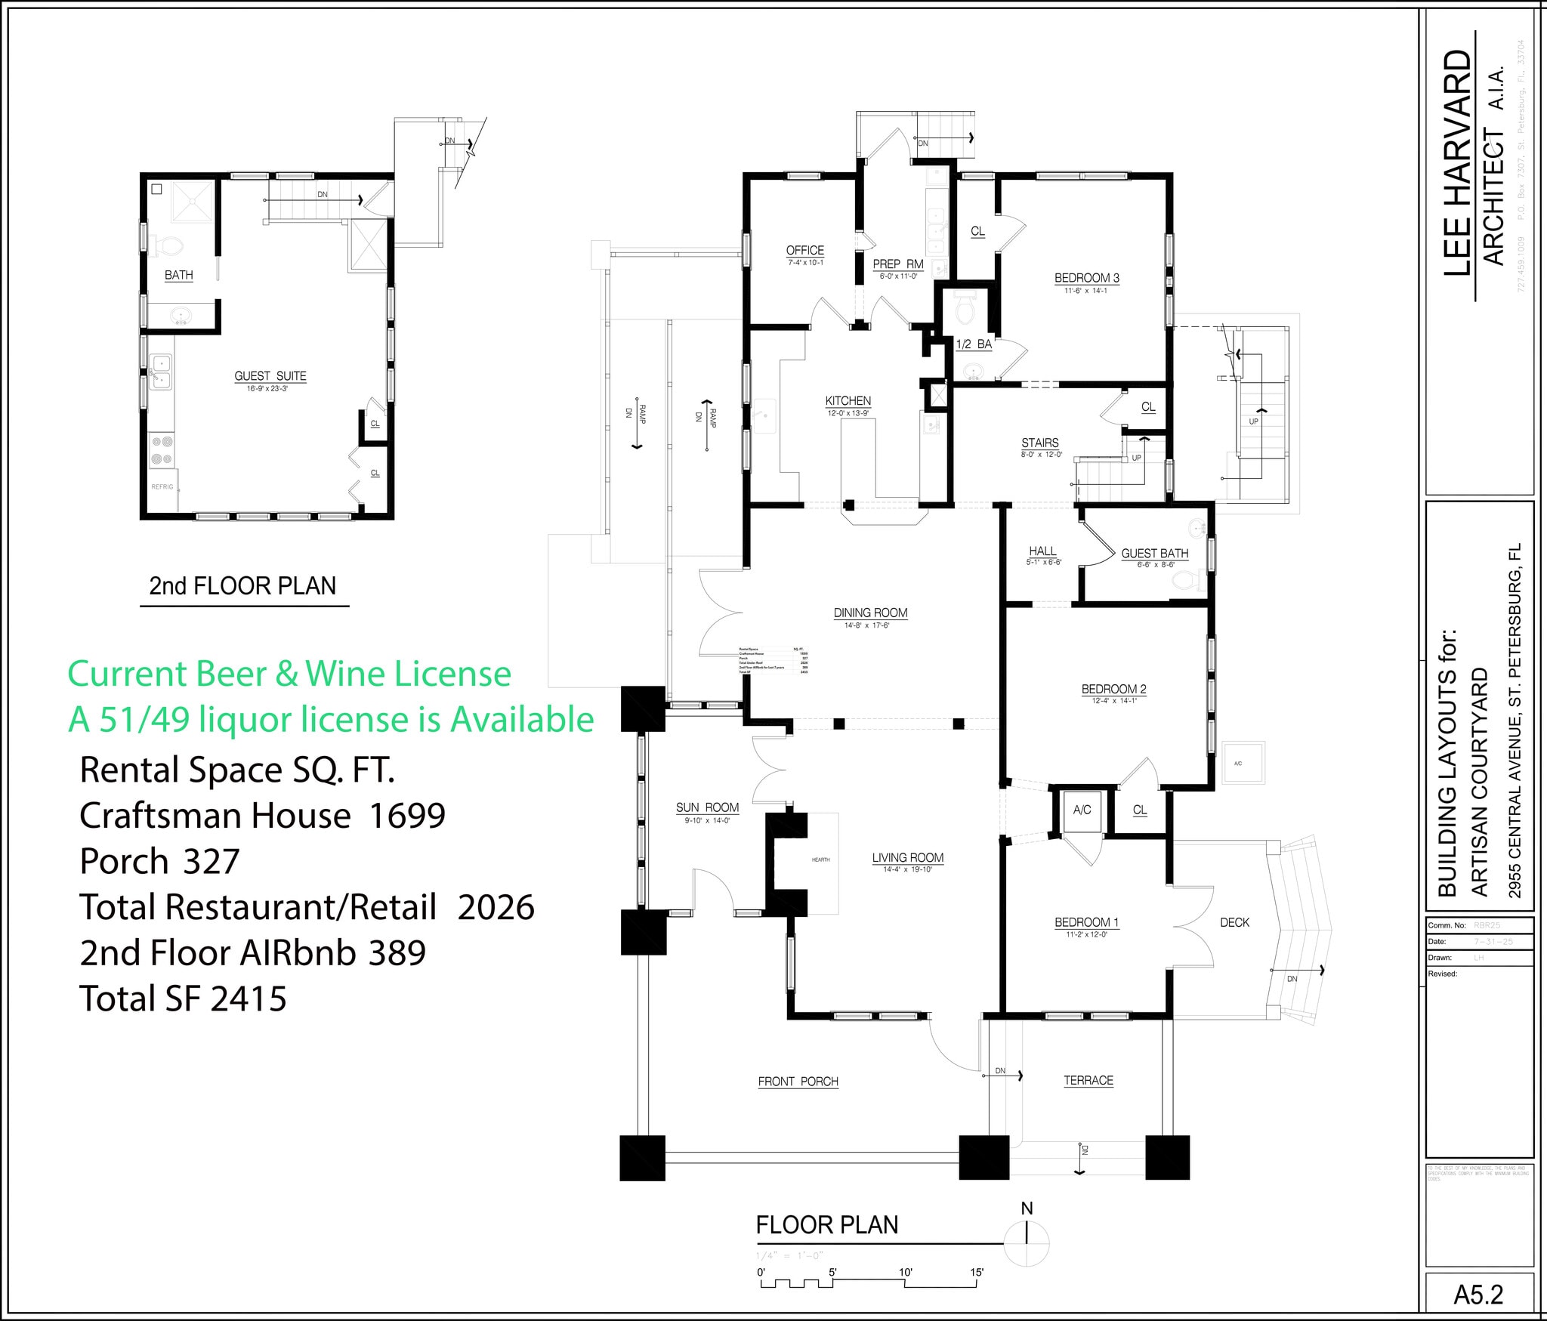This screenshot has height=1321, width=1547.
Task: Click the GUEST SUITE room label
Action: click(270, 375)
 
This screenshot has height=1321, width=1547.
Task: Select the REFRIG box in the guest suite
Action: click(162, 487)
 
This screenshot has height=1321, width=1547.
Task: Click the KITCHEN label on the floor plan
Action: click(848, 401)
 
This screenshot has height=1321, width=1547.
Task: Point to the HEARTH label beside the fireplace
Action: click(820, 860)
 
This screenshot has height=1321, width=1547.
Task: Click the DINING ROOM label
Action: click(870, 613)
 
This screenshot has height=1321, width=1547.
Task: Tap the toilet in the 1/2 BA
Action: click(965, 307)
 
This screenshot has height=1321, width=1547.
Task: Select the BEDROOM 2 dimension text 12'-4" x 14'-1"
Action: click(1113, 701)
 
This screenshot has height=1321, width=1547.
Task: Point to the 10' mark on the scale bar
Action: click(905, 1273)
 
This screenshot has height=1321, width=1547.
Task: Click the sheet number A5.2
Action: click(1478, 1295)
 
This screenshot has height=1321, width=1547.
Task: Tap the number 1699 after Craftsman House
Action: click(407, 816)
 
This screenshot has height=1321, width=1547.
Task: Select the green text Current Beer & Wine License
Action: click(289, 674)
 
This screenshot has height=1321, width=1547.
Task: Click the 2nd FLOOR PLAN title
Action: click(242, 586)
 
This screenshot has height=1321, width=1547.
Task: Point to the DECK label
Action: click(1234, 922)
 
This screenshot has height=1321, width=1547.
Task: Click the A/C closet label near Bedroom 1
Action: click(1082, 810)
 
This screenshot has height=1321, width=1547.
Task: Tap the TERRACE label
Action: click(1088, 1081)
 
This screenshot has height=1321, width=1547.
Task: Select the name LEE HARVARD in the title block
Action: click(1458, 162)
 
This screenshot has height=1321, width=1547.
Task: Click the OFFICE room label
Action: click(804, 251)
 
